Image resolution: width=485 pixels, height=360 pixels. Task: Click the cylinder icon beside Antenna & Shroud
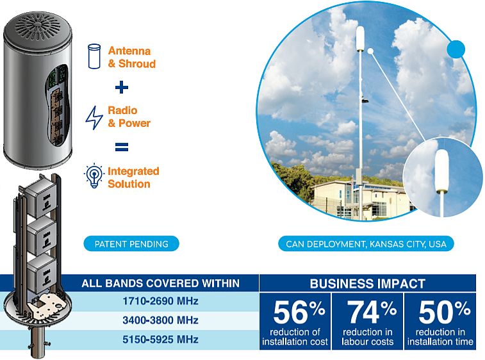pos(94,56)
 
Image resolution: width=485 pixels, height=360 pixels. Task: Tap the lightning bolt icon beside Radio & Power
pos(94,117)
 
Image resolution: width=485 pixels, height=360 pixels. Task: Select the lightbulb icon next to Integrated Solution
pos(94,176)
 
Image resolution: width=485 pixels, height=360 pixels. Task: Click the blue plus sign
pos(122,87)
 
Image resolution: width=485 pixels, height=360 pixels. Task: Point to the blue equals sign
pos(122,147)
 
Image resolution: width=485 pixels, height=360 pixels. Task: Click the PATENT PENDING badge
pos(131,244)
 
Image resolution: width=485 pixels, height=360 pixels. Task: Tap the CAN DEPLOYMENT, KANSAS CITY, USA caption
pos(366,244)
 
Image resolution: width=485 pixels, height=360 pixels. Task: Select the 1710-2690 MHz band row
pos(161,301)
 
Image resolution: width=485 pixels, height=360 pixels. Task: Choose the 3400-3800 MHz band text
pos(161,320)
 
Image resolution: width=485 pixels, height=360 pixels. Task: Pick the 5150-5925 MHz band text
pos(161,340)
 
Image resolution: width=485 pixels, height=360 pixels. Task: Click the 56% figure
pos(299,312)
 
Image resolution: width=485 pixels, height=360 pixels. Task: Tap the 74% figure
pos(372,312)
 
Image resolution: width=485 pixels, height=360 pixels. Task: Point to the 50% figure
pos(445,312)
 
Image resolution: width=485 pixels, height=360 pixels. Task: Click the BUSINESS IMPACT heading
pos(368,284)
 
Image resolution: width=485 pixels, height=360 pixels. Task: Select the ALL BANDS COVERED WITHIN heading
pos(161,283)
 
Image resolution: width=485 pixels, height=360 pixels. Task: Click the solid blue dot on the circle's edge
pos(456,49)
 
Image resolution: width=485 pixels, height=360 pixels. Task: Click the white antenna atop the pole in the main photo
pos(360,39)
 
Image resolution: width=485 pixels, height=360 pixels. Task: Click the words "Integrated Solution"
pos(133,177)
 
